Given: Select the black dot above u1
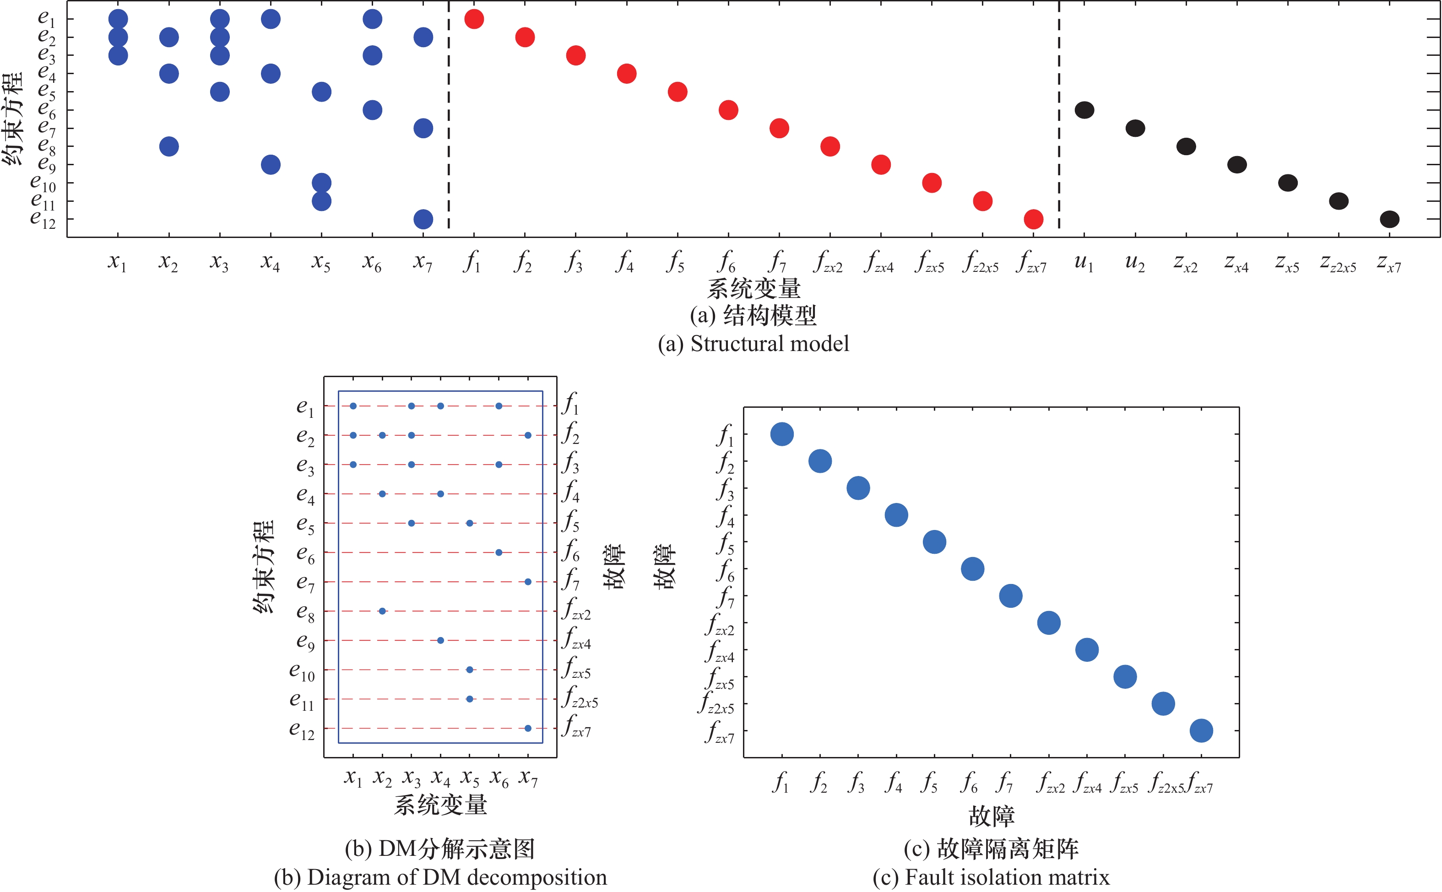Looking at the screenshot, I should tap(1084, 110).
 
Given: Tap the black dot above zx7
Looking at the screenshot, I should tap(1389, 220).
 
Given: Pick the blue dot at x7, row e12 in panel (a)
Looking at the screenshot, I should tap(423, 220).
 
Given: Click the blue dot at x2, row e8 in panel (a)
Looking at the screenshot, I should tap(169, 146).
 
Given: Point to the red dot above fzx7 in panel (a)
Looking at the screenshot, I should tap(1033, 220).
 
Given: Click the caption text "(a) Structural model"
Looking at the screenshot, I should tap(754, 343).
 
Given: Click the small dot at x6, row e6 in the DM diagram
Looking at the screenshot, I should tap(499, 552).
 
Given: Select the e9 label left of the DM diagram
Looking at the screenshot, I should tap(305, 641).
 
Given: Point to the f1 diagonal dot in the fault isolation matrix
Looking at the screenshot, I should tap(782, 434).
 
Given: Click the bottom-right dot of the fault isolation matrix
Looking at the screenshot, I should tap(1201, 731).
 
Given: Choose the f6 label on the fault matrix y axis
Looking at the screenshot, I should tap(726, 570).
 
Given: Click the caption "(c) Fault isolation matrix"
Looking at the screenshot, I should tap(991, 877).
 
